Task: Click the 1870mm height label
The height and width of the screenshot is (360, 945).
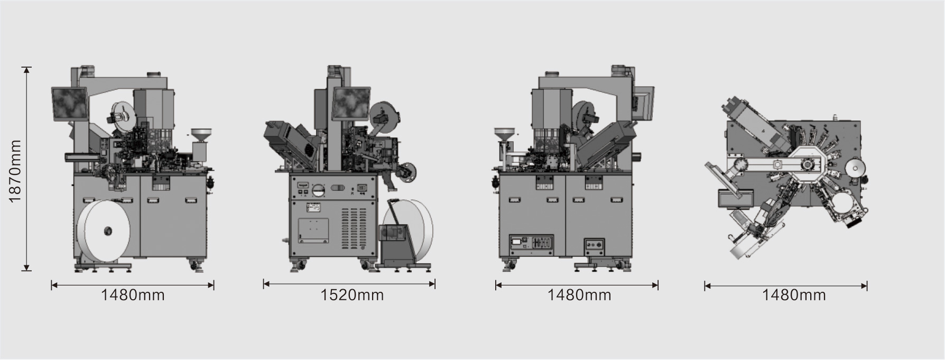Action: tap(15, 171)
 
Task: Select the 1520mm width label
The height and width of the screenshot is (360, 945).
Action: tap(352, 294)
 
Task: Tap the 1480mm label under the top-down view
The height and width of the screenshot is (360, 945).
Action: tap(794, 295)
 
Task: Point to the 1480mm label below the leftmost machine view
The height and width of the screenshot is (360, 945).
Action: tap(133, 295)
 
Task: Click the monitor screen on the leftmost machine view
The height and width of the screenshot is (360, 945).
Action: tap(70, 104)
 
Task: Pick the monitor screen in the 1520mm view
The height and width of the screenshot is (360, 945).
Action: tap(350, 103)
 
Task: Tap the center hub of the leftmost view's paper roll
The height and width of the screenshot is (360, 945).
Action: tap(108, 230)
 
